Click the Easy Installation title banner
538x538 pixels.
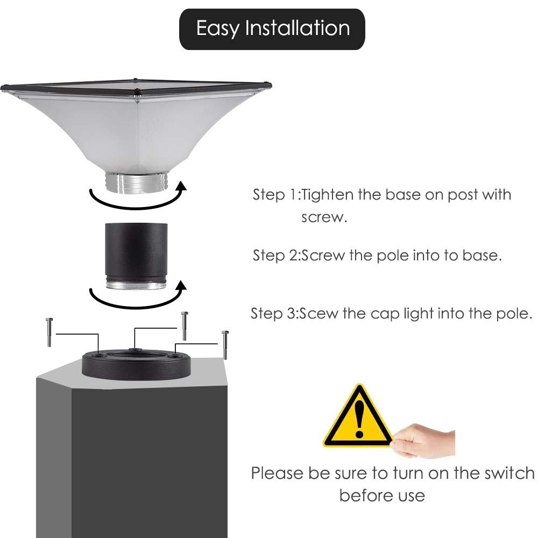(272, 29)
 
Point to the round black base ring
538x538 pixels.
(136, 364)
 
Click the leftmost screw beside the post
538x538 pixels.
(49, 332)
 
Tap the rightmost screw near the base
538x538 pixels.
(225, 345)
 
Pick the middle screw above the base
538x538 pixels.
(185, 325)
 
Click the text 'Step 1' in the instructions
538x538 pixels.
(275, 195)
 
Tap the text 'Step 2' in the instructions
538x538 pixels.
(275, 255)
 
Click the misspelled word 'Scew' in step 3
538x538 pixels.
(318, 314)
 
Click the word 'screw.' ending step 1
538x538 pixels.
(324, 218)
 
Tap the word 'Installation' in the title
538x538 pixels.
(297, 29)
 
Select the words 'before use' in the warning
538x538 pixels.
(382, 495)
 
